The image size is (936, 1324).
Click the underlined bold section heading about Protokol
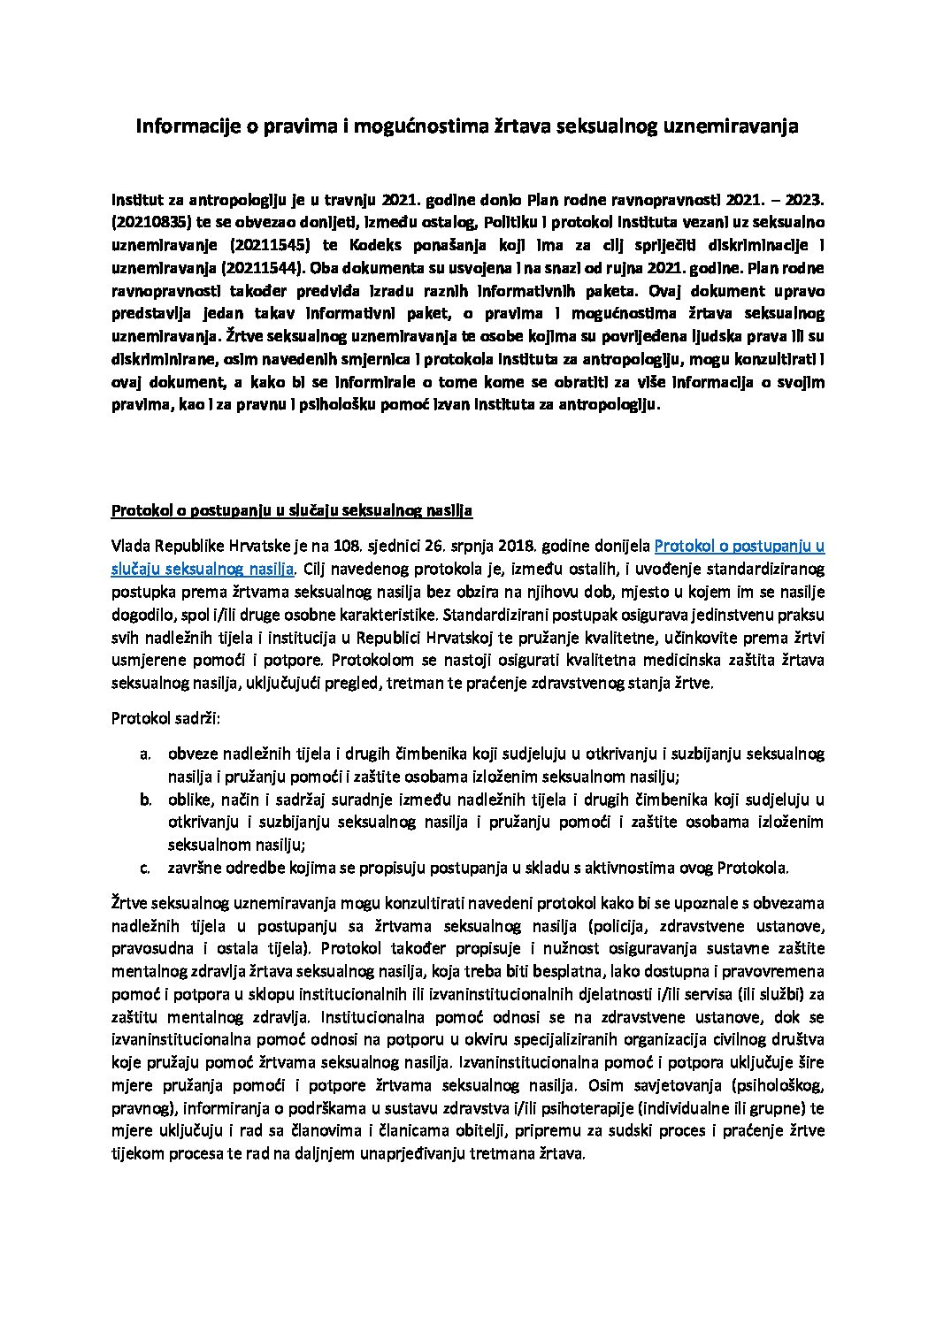[x=292, y=511]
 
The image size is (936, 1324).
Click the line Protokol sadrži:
[x=165, y=718]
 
